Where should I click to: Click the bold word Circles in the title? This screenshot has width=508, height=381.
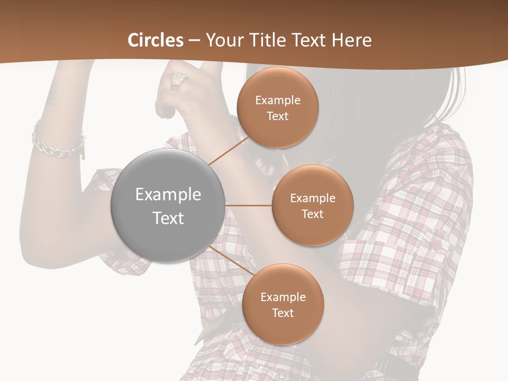156,40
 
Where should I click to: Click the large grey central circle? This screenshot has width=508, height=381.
168,205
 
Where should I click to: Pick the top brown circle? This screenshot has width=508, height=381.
277,107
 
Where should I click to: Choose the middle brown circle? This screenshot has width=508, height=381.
312,205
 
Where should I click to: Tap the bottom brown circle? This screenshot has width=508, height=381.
283,304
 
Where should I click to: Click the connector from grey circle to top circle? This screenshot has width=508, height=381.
229,151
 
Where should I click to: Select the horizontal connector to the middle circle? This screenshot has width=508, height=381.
249,205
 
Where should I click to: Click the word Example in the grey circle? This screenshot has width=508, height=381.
168,194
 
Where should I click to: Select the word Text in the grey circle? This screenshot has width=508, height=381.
168,217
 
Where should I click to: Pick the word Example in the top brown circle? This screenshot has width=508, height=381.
277,100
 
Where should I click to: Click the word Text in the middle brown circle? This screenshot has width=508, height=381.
312,214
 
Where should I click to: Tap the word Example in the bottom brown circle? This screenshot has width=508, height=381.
283,297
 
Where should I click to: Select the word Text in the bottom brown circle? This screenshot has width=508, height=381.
283,313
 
